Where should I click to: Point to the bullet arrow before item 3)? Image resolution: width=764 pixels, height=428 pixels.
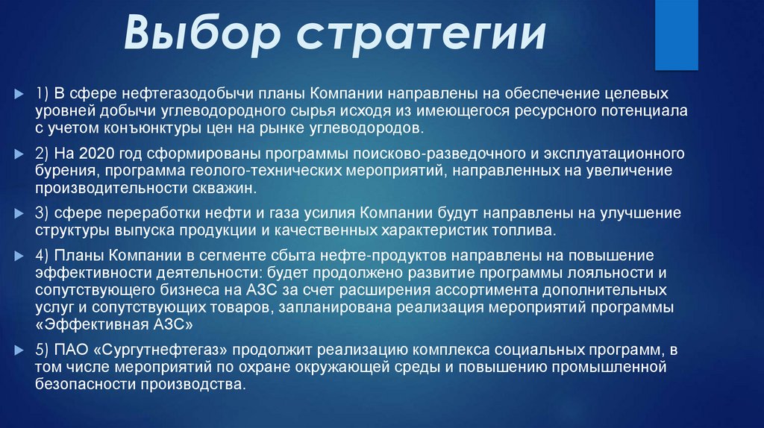(19, 213)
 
